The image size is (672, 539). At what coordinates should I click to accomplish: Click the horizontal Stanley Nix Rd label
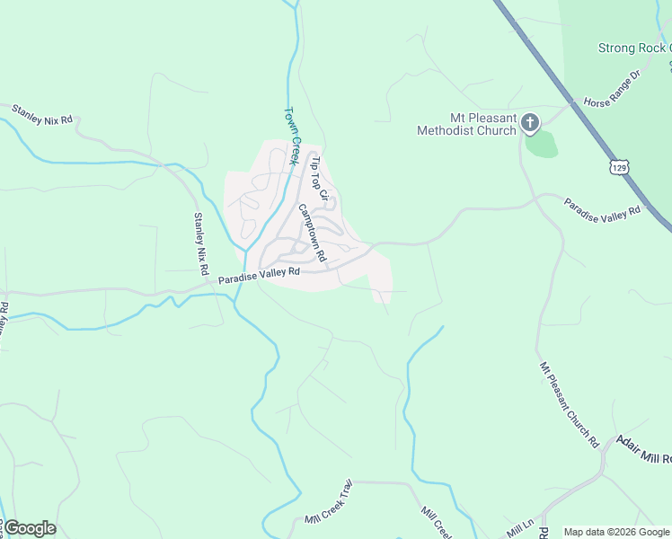tap(41, 114)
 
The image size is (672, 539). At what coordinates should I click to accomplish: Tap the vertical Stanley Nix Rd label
tap(201, 243)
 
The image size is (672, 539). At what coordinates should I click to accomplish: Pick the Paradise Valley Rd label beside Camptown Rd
tap(258, 278)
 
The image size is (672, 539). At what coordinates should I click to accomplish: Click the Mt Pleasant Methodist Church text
tap(466, 124)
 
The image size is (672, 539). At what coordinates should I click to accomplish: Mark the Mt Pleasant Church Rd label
tap(570, 403)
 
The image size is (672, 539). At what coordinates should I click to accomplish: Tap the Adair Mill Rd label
tap(643, 449)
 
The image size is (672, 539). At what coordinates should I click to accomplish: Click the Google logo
tap(30, 528)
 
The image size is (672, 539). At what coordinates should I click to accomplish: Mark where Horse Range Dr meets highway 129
tap(570, 104)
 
